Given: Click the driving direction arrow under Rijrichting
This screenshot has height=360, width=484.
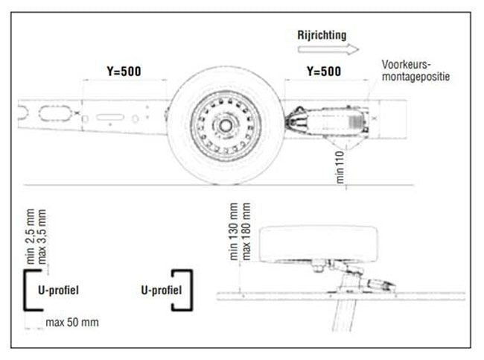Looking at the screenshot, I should [326, 50].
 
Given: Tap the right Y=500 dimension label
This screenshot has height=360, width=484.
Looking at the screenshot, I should [324, 72].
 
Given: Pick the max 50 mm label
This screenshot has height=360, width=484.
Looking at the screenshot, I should [71, 322].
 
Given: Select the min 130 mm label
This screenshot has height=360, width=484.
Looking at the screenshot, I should [235, 230].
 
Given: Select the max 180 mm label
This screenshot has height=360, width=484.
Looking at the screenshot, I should [246, 230].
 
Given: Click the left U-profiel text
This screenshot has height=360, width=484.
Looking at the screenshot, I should [57, 289].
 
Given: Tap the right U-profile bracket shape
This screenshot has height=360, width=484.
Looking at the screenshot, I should [185, 290].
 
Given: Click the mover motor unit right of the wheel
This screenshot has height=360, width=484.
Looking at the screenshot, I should [331, 119].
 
